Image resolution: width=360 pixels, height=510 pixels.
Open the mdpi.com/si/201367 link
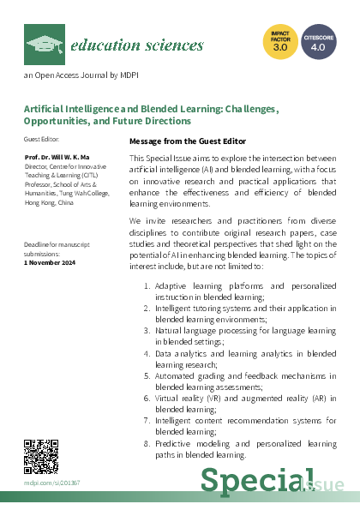point(51,483)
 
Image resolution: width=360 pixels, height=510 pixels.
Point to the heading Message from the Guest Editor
point(187,141)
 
